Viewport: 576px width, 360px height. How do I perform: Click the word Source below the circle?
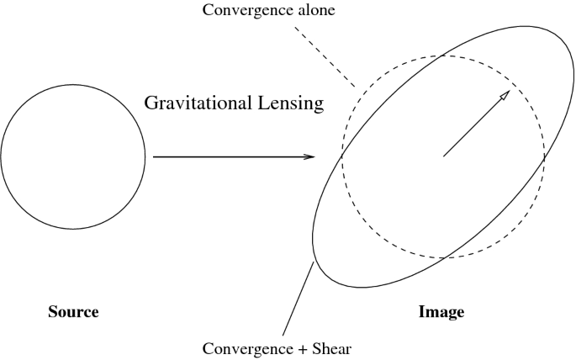pyautogui.click(x=74, y=312)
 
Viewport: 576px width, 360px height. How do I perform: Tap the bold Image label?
pyautogui.click(x=441, y=312)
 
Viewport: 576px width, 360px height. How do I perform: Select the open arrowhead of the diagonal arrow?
pyautogui.click(x=505, y=95)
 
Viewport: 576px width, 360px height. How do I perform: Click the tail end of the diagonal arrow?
pyautogui.click(x=444, y=156)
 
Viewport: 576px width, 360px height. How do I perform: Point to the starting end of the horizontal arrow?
pyautogui.click(x=154, y=156)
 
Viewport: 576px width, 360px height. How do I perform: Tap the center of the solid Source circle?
pyautogui.click(x=73, y=156)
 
